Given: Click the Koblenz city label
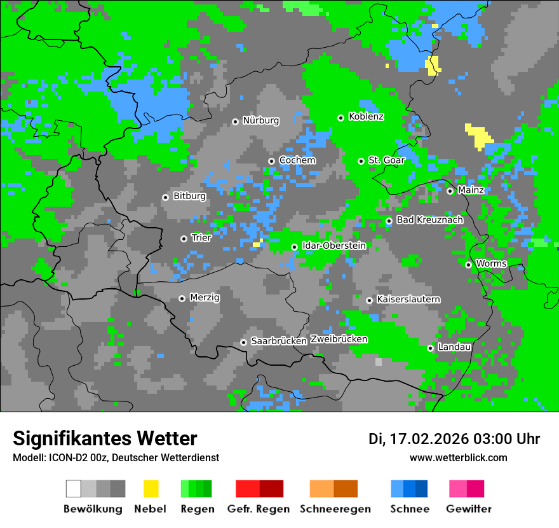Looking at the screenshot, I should click(366, 116).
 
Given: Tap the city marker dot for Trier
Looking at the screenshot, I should click(184, 239).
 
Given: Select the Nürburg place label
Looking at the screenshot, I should click(260, 120).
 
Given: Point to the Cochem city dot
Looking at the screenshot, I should click(271, 161).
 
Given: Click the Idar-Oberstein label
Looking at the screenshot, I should click(333, 246).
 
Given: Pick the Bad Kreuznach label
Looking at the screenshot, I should click(429, 219).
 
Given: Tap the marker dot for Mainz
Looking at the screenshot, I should click(450, 191).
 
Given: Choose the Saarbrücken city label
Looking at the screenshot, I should click(279, 341).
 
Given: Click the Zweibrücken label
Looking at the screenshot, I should click(339, 339).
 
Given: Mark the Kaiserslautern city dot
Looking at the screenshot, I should click(369, 300).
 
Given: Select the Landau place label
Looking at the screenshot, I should click(454, 347).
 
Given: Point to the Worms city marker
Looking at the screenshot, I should click(468, 265).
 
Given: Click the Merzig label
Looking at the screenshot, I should click(205, 297).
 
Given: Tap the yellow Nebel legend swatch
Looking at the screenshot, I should click(151, 489).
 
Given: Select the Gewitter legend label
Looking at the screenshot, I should click(469, 509).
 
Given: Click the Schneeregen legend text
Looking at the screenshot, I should click(335, 509).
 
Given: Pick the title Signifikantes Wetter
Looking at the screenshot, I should click(105, 438).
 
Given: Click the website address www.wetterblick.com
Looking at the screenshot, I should click(458, 457).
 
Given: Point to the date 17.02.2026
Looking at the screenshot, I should click(429, 439).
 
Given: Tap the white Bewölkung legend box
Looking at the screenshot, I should click(73, 489).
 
